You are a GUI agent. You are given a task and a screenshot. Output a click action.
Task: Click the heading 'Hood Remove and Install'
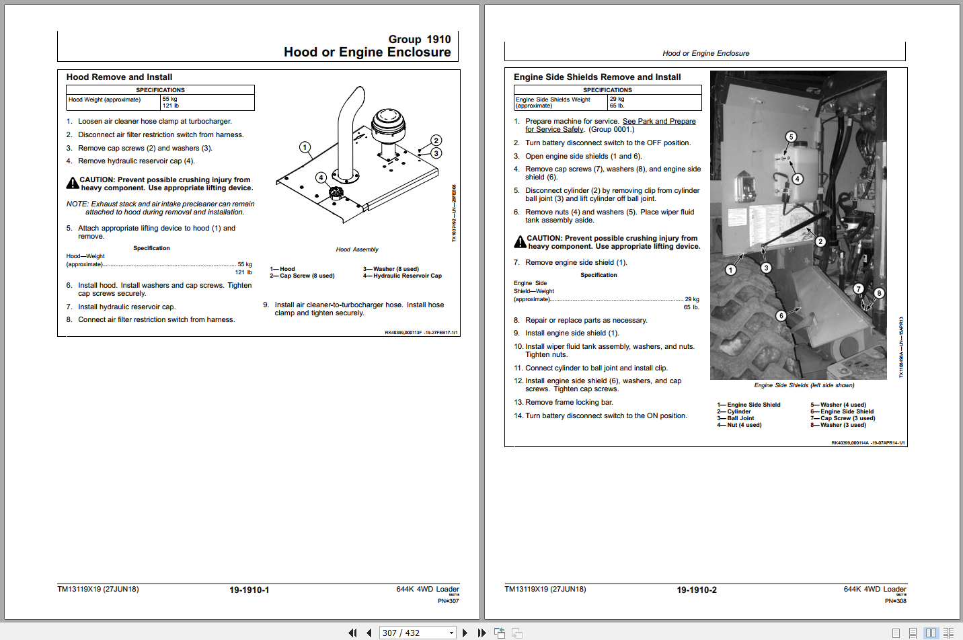(119, 77)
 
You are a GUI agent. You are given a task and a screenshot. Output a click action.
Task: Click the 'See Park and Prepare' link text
(659, 122)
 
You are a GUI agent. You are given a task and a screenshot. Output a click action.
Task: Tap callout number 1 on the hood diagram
(305, 147)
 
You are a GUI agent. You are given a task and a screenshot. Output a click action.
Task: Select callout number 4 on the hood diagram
(321, 178)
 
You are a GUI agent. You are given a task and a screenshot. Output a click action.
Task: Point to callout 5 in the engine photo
(791, 137)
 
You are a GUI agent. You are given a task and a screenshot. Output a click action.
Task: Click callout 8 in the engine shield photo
(879, 293)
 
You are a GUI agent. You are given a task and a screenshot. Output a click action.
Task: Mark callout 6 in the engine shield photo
(781, 316)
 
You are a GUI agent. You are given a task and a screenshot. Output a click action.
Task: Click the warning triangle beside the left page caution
(72, 184)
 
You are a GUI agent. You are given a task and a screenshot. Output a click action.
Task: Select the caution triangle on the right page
(520, 242)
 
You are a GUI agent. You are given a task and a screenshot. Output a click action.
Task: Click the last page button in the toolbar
(481, 633)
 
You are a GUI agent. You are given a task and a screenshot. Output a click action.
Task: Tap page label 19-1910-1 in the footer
(249, 590)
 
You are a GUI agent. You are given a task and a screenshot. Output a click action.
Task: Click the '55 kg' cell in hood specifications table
(170, 99)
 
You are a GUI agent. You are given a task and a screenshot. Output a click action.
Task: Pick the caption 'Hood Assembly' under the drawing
(357, 249)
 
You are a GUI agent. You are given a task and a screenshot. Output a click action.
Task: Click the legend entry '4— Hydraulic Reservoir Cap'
(403, 276)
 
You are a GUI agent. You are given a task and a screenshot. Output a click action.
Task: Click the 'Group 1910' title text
(420, 40)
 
